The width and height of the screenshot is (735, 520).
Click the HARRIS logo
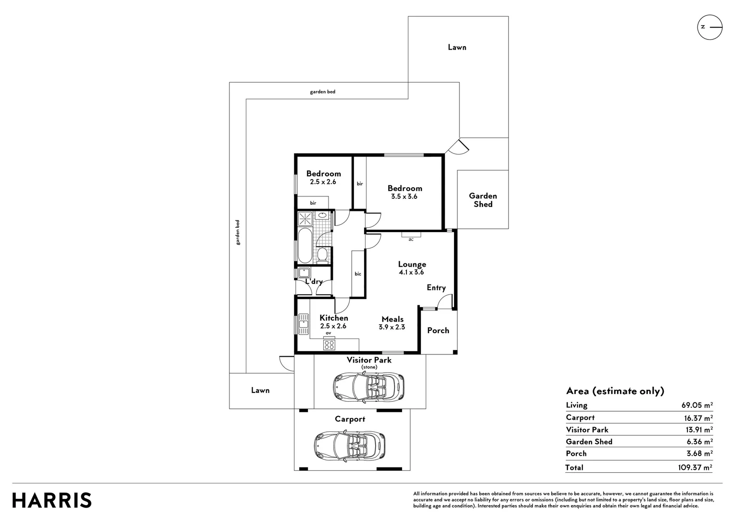click(x=52, y=500)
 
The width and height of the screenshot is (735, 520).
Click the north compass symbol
click(x=710, y=27)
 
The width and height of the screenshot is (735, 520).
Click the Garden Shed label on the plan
click(x=482, y=200)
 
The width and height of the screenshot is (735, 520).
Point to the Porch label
click(x=438, y=330)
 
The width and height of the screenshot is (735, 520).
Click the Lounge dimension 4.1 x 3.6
click(x=411, y=272)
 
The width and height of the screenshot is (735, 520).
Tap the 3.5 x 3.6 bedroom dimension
click(x=404, y=196)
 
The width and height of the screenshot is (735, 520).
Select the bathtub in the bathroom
click(x=305, y=245)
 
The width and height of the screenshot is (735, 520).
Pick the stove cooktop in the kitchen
click(x=329, y=345)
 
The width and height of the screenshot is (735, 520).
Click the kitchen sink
click(x=304, y=324)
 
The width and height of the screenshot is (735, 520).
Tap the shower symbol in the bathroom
click(x=305, y=219)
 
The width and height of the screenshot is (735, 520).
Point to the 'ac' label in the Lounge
click(x=411, y=239)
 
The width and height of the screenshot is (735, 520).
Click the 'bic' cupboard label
click(x=358, y=273)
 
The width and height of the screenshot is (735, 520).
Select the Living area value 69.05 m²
click(x=697, y=405)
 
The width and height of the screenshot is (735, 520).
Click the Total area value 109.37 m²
click(x=695, y=467)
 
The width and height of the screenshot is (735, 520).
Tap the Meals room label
click(x=393, y=319)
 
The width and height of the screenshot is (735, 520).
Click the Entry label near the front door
click(x=436, y=288)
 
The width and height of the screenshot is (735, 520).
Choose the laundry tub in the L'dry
click(x=304, y=273)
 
